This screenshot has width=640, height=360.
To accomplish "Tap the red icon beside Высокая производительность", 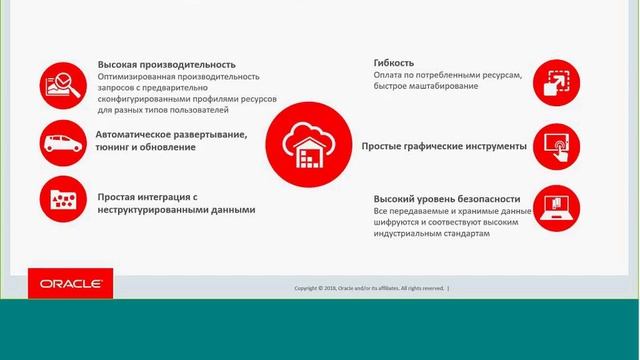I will pos(62,86).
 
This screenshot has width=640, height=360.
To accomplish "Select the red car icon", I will pos(62,141).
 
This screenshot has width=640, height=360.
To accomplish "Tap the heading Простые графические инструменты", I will pos(444,146).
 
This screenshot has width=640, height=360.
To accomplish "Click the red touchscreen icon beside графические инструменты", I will pos(555,146).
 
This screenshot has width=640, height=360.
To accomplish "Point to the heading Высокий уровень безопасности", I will pos(447,199).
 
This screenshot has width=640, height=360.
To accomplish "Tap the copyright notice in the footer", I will pos(370,288).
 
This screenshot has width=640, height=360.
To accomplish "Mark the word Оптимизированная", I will pos(138,76).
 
